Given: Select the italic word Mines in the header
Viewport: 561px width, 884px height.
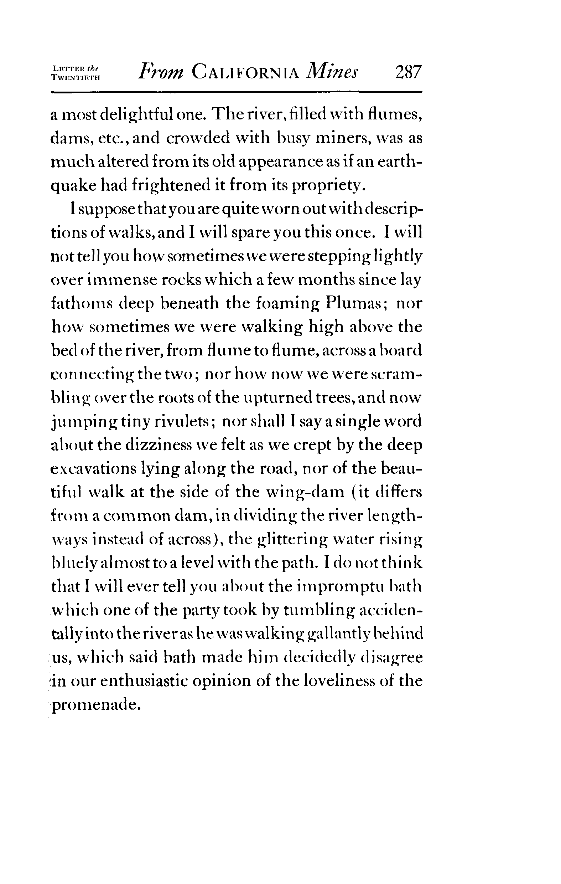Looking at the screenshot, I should [333, 71].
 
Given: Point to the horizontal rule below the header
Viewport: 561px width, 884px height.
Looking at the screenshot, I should [237, 92].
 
